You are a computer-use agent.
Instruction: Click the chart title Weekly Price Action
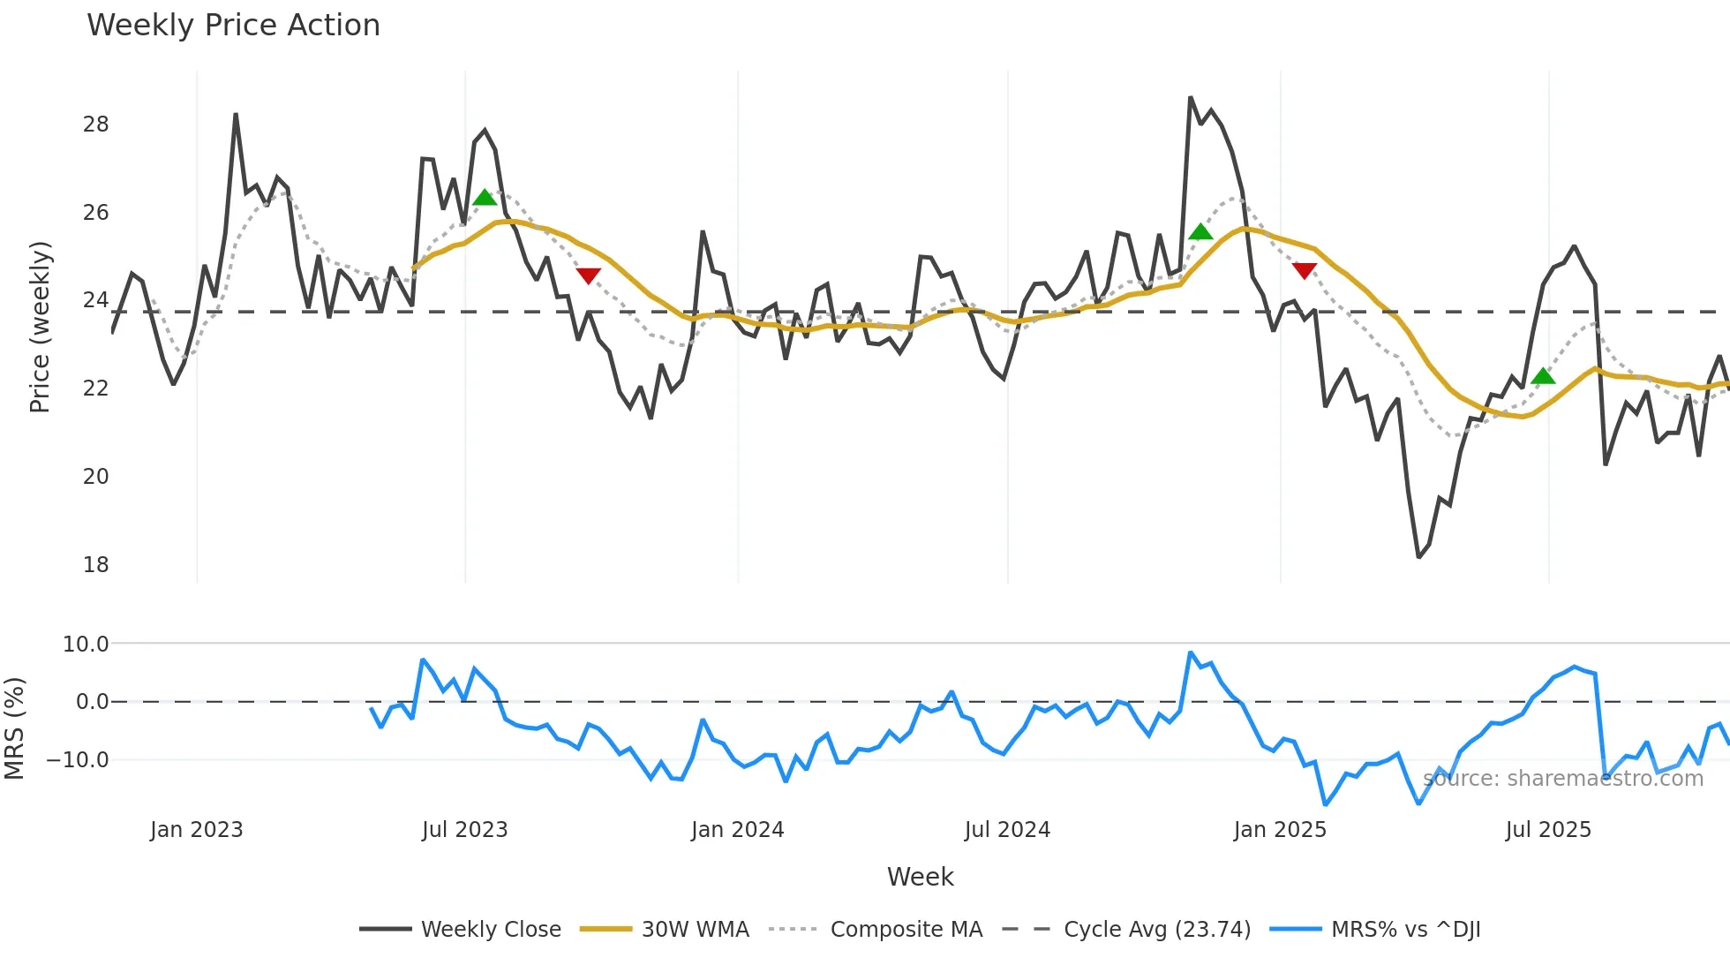(x=233, y=26)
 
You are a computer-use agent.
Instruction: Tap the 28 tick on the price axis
(x=96, y=124)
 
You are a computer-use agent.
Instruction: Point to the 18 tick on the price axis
(x=96, y=565)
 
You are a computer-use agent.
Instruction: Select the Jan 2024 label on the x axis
(x=737, y=830)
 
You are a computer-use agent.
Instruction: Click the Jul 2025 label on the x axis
(x=1548, y=830)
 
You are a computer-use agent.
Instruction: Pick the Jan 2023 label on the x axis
(x=196, y=830)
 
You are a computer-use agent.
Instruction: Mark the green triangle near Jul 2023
(x=485, y=198)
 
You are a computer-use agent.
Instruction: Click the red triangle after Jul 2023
(x=589, y=275)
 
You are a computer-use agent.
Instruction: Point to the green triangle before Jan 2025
(x=1200, y=232)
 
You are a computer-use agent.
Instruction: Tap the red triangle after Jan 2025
(x=1305, y=270)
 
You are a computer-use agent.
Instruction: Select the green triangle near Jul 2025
(x=1543, y=376)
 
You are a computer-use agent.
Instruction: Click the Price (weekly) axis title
(x=41, y=327)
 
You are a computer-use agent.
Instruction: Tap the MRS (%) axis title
(x=14, y=728)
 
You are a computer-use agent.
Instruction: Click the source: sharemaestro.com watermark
(x=1562, y=779)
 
